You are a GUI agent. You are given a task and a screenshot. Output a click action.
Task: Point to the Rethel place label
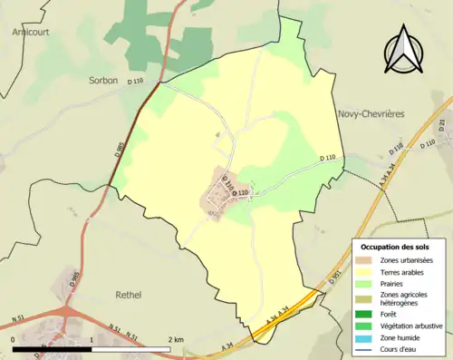[x=130, y=295]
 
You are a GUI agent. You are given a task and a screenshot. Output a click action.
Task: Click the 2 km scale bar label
[x=177, y=340]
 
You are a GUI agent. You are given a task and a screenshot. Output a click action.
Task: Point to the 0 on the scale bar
[x=14, y=340]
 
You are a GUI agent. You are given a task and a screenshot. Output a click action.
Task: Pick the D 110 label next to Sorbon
[x=136, y=83]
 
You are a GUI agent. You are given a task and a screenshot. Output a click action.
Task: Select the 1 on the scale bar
[x=92, y=340]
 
